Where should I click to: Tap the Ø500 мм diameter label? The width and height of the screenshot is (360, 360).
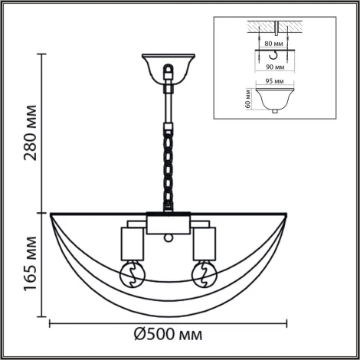pos(169,335)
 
